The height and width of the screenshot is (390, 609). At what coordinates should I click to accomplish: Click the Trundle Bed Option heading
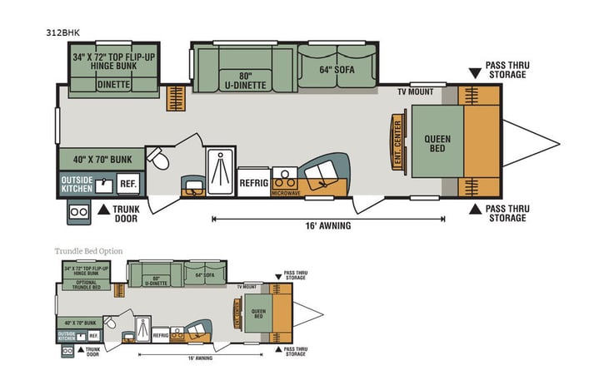click(89, 250)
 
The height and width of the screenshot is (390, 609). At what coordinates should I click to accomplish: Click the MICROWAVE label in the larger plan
click(285, 193)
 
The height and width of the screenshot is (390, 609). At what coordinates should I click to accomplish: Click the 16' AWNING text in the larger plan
click(328, 225)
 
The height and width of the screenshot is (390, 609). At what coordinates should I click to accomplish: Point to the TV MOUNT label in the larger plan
click(415, 91)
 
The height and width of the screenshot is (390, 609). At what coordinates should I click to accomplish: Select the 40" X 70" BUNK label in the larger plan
click(99, 159)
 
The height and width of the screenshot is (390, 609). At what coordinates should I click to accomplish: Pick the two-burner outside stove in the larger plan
click(81, 211)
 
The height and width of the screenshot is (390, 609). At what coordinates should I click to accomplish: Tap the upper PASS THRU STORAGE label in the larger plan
click(507, 70)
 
